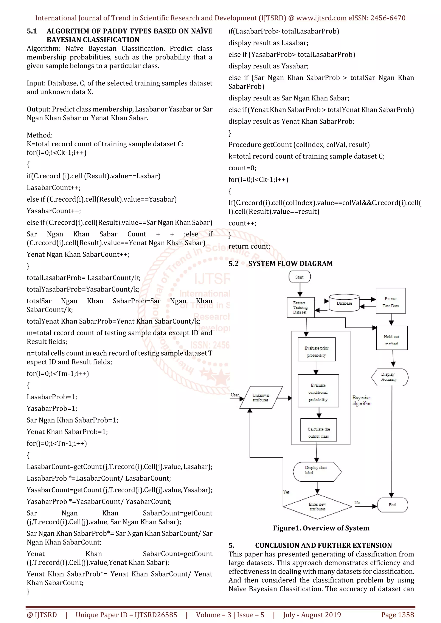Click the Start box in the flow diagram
299,277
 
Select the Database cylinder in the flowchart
344,303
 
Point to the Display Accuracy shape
389,377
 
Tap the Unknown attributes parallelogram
261,397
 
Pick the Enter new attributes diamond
317,506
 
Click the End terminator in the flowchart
392,505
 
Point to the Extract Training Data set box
300,307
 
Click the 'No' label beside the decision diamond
357,503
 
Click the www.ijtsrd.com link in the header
321,18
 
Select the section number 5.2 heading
234,264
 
